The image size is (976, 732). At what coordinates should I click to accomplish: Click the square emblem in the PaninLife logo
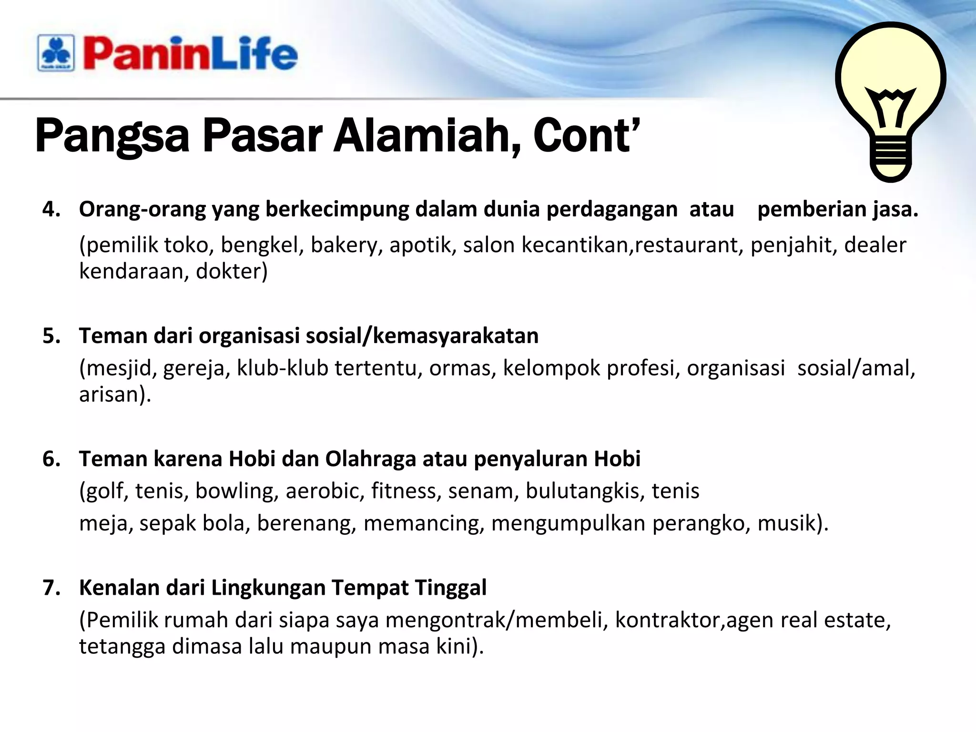(x=56, y=53)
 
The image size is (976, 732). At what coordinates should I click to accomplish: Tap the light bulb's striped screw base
(x=891, y=155)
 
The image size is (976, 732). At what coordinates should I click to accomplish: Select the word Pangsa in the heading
(x=112, y=137)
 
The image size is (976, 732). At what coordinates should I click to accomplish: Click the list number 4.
(x=51, y=209)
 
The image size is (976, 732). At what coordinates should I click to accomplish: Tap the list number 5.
(x=51, y=336)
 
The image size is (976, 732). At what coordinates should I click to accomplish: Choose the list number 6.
(x=51, y=459)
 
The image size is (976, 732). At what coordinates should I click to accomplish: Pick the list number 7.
(x=51, y=588)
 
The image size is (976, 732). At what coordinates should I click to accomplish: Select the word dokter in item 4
(x=232, y=272)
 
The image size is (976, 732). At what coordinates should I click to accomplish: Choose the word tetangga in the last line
(x=122, y=647)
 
